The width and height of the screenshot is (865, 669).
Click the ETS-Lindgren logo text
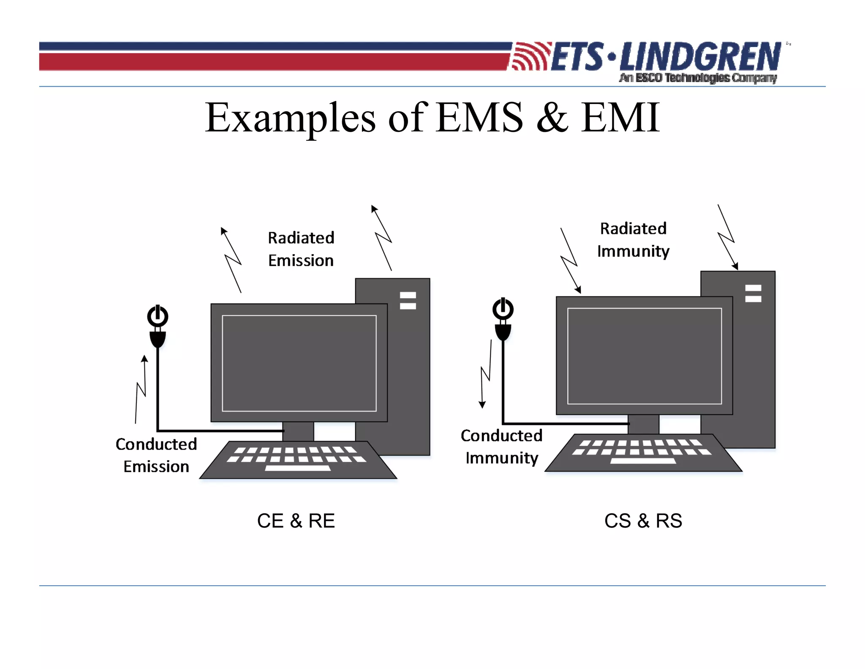click(665, 57)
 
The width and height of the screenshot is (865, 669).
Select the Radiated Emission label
click(301, 249)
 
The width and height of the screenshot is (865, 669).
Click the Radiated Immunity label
click(633, 240)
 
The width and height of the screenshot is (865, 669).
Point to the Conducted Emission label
click(156, 455)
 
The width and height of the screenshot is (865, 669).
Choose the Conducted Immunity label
click(501, 447)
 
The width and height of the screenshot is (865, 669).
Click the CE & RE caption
click(296, 521)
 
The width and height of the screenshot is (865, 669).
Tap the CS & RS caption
click(643, 521)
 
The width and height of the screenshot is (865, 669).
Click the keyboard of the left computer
click(298, 460)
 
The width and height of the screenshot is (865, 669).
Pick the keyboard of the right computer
click(643, 453)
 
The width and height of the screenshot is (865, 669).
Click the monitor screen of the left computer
click(299, 363)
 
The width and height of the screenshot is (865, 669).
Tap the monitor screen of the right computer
click(644, 356)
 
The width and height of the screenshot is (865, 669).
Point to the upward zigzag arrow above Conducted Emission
click(141, 389)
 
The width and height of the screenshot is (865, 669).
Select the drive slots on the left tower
click(408, 300)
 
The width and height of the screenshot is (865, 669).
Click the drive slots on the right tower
click(753, 293)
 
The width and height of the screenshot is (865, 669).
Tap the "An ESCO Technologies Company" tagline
click(698, 78)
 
